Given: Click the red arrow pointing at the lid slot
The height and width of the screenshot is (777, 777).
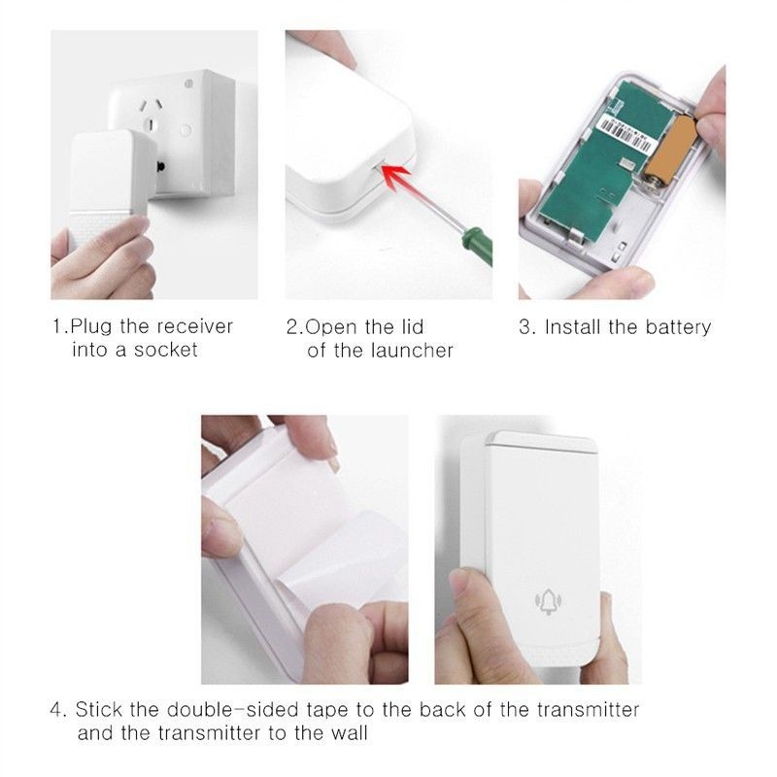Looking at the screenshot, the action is coord(397,181).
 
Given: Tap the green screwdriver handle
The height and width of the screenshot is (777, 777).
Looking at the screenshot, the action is coord(477,246).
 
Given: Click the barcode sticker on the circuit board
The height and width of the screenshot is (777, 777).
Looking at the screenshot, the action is coord(628,132).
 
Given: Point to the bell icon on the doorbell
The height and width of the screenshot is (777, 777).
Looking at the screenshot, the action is coord(548,601).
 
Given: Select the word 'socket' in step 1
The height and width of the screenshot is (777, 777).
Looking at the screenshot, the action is coord(165,350).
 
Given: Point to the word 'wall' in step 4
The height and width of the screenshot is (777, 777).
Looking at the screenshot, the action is coord(350,733).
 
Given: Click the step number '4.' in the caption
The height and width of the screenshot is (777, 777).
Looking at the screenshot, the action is coord(58,710).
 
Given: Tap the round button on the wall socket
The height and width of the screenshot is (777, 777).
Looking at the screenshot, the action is coord(185,130).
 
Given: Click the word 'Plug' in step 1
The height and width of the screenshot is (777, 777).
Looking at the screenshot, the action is coord(91,327).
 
